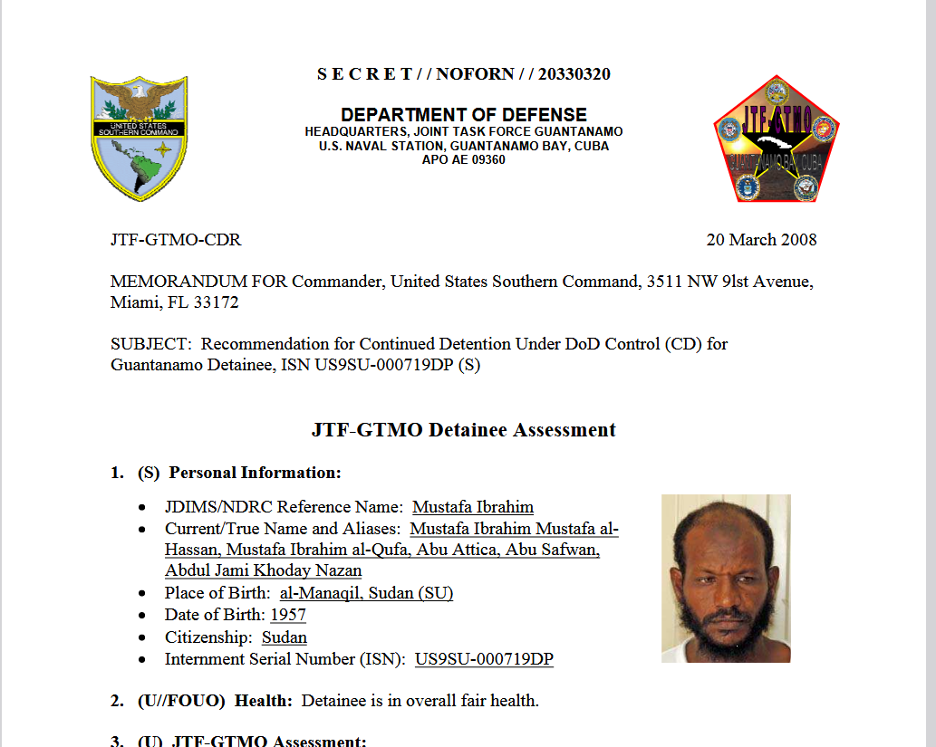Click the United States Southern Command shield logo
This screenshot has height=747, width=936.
tap(139, 137)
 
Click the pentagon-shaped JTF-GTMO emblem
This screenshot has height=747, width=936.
tap(777, 140)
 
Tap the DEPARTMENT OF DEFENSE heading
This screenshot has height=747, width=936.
tap(463, 115)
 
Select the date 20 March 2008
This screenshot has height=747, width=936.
tap(761, 240)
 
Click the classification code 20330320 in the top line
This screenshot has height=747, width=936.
tap(574, 74)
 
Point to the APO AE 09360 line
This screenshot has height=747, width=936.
tap(463, 160)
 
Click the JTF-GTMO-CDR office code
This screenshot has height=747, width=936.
tap(176, 240)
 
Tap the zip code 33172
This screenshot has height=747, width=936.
tap(216, 302)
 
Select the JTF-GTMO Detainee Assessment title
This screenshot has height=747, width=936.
tap(463, 430)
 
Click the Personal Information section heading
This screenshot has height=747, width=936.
tap(255, 473)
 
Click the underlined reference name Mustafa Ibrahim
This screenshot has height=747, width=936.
tap(473, 507)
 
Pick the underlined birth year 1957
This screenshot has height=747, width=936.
tap(288, 615)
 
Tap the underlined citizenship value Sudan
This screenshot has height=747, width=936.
tap(285, 637)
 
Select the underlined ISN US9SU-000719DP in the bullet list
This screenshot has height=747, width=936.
tap(484, 659)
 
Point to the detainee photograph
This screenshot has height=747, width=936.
tap(726, 578)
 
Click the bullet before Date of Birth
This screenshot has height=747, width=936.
tap(145, 616)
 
